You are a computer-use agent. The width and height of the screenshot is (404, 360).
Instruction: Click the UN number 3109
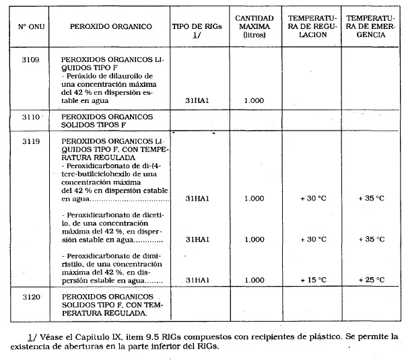[30, 59]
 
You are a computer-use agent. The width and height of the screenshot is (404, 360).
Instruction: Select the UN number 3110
[30, 116]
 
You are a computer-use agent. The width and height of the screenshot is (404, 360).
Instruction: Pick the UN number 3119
[30, 142]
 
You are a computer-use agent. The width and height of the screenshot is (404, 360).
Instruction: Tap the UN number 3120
[30, 296]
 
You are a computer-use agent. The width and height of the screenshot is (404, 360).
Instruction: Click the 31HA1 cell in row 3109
[197, 100]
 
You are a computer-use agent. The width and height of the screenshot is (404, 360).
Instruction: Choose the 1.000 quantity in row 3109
[254, 100]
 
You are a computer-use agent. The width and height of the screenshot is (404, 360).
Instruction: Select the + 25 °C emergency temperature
[371, 279]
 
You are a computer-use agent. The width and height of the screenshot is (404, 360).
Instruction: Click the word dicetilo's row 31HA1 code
[197, 239]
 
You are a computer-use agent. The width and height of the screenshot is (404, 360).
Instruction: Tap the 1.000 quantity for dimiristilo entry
[254, 279]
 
